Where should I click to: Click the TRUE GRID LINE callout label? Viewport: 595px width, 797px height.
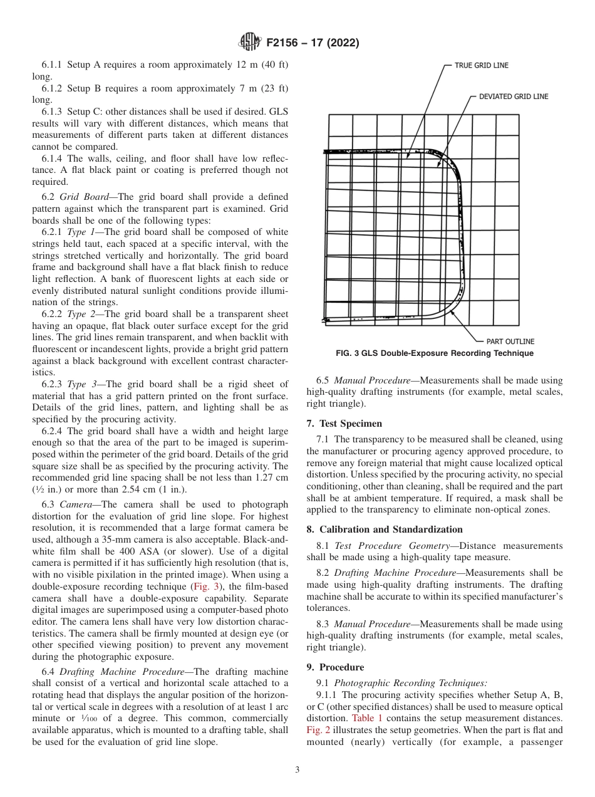pos(481,65)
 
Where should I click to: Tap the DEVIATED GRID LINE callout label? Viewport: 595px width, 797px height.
pos(513,96)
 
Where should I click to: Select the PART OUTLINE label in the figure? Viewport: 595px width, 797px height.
pos(510,341)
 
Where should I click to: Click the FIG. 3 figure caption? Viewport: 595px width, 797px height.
pos(435,353)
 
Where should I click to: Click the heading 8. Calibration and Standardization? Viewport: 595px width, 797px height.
pos(385,529)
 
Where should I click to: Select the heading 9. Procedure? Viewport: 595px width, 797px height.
pos(335,667)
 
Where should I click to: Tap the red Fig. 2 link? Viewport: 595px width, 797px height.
pos(318,730)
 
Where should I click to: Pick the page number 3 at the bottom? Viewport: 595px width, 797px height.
pos(297,770)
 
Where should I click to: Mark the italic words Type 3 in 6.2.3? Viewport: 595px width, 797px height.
pos(82,384)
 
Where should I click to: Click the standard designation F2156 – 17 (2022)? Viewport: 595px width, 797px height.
pos(312,43)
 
